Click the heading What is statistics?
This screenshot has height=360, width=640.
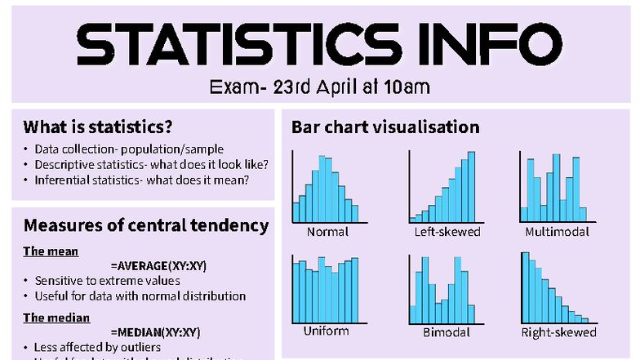(97, 127)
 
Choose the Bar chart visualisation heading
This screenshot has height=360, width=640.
(385, 127)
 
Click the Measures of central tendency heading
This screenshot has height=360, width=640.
(145, 225)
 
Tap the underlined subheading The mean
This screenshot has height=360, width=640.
(51, 251)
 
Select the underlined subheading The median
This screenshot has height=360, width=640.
(56, 318)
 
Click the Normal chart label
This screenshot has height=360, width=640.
(327, 232)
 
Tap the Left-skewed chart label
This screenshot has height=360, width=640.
(447, 232)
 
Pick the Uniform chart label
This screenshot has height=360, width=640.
(327, 331)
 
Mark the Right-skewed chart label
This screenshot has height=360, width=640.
(558, 332)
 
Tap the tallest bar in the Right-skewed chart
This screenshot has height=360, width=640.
(526, 289)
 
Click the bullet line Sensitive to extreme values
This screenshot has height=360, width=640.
(107, 281)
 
